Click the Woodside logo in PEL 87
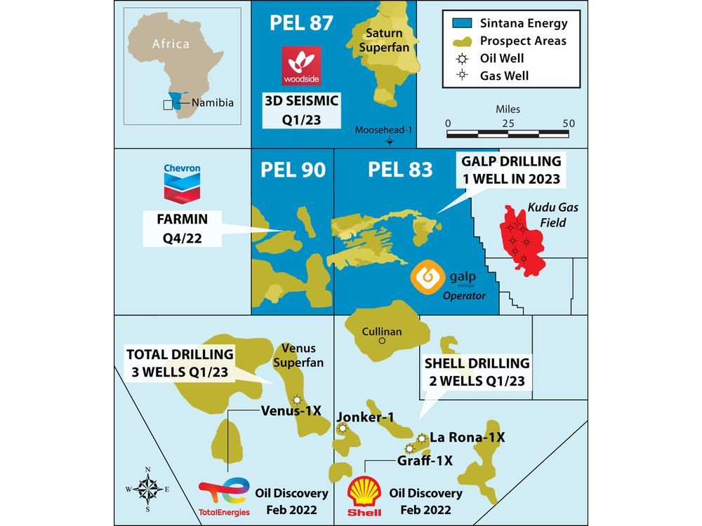coord(301,65)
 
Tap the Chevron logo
coord(182,182)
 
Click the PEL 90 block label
coord(293,170)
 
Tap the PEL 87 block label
coord(300,22)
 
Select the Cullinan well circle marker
coord(382,342)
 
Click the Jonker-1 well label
coord(365,418)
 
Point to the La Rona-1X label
coord(468,437)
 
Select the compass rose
coord(147,488)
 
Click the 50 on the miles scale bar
coord(569,123)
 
